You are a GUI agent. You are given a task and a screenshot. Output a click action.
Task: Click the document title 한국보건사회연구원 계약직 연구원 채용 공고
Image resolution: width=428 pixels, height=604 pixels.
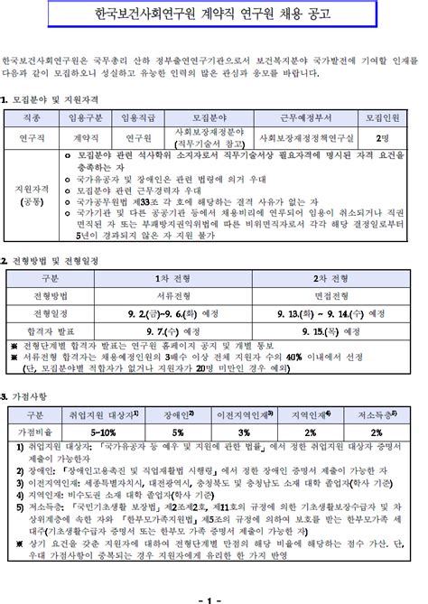[213, 15]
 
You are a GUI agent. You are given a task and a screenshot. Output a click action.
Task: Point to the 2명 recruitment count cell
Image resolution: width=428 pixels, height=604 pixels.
[383, 137]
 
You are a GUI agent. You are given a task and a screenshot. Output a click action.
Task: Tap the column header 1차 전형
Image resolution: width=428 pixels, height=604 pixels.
[168, 278]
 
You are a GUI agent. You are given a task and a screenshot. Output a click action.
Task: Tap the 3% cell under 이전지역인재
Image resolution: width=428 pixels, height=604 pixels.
[245, 432]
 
